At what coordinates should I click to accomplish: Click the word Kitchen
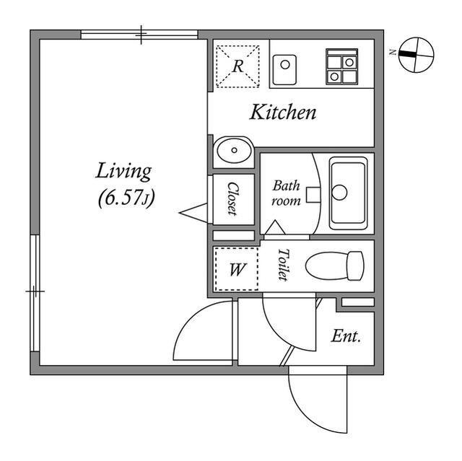[x=283, y=113]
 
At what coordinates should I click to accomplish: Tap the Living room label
[x=123, y=172]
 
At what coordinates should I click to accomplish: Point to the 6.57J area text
[x=126, y=198]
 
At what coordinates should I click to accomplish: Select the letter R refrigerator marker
[x=237, y=66]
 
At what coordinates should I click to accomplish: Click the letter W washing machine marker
[x=237, y=269]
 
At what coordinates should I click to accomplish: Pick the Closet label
[x=232, y=199]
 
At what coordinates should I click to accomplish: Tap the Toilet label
[x=282, y=265]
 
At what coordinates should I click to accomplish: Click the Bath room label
[x=286, y=193]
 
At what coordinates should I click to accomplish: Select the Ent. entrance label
[x=346, y=336]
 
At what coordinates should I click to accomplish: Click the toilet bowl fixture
[x=327, y=265]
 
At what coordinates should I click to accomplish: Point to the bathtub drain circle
[x=339, y=193]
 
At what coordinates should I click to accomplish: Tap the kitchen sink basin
[x=284, y=70]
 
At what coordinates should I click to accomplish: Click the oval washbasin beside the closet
[x=235, y=151]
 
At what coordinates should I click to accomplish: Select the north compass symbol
[x=416, y=55]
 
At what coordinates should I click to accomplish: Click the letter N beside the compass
[x=392, y=53]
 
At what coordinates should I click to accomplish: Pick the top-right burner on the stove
[x=349, y=63]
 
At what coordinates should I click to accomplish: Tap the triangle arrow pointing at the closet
[x=193, y=213]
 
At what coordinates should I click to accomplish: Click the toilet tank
[x=356, y=265]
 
